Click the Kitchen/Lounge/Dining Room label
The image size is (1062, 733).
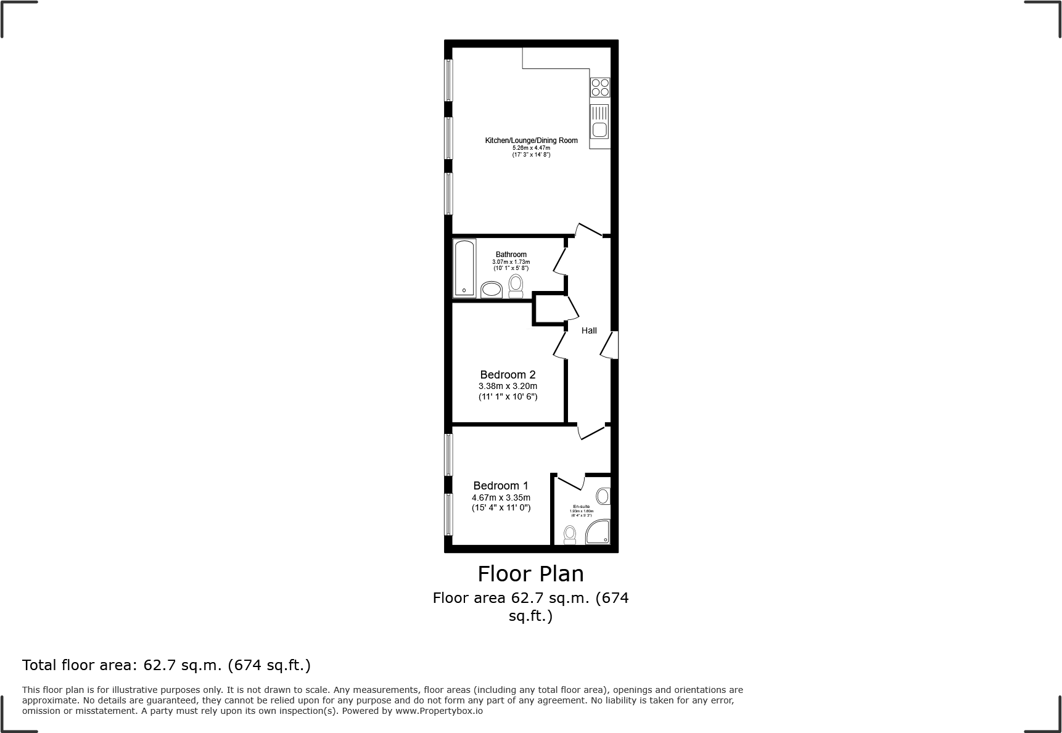[x=531, y=141]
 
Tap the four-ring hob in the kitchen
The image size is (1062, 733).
[x=600, y=88]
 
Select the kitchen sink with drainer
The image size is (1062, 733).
[x=599, y=123]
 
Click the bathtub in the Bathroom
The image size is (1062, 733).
[x=464, y=268]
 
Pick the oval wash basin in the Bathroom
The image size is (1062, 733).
[x=492, y=290]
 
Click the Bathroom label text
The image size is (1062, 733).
[x=511, y=255]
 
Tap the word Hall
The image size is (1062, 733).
[x=589, y=330]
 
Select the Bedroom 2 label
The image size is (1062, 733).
[x=508, y=375]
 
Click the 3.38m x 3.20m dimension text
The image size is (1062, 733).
[x=508, y=386]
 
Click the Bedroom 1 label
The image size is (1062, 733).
[x=500, y=486]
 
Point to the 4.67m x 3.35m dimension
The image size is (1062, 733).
[x=501, y=498]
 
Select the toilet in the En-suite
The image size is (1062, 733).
[x=570, y=534]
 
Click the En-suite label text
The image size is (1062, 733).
[x=581, y=507]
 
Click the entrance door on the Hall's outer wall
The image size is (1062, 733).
[x=611, y=345]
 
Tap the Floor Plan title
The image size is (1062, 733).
[x=530, y=574]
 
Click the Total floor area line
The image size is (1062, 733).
[x=167, y=665]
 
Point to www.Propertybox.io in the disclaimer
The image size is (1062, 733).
[x=438, y=711]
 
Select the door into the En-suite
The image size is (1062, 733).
[x=571, y=481]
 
